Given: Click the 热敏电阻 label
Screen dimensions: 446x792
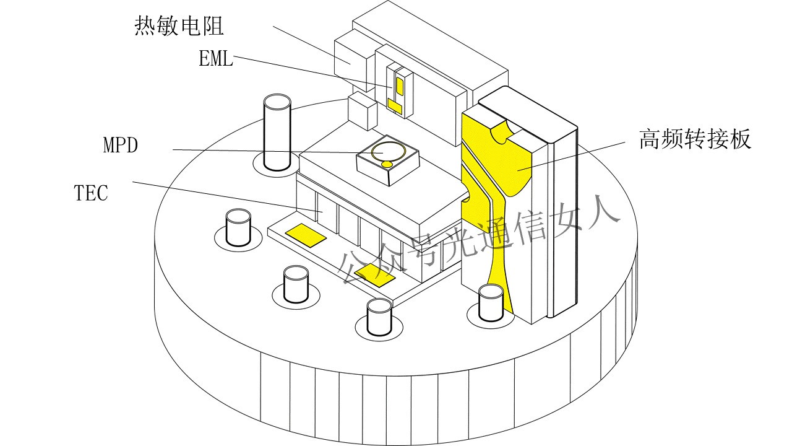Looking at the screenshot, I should (x=179, y=27).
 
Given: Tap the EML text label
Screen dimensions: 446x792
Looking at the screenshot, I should (x=215, y=59).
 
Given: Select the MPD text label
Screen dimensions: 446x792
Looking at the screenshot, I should (x=120, y=146).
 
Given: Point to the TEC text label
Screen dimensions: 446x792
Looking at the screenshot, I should (x=91, y=193).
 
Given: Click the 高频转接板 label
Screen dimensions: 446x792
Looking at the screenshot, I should (x=695, y=140).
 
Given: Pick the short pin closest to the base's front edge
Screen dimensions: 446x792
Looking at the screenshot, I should (x=379, y=317).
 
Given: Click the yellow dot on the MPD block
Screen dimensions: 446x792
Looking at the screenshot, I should (x=387, y=164).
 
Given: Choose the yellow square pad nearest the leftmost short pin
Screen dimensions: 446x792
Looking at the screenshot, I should (x=305, y=234).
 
